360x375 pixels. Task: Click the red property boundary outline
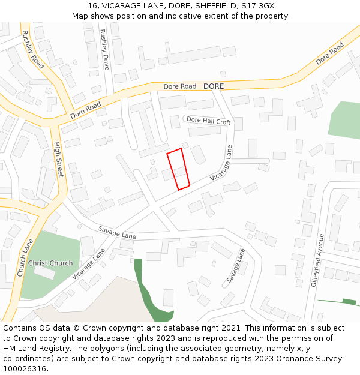[178, 169]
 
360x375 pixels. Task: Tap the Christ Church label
[50, 263]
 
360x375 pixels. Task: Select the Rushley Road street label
[33, 49]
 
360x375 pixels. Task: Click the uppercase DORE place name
[213, 86]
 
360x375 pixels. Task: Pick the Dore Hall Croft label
[208, 121]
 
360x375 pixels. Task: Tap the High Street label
[58, 159]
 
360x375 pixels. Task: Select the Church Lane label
[25, 257]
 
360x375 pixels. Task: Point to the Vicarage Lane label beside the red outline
[221, 163]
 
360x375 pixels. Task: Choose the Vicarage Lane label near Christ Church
[88, 264]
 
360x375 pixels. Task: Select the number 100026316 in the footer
[25, 368]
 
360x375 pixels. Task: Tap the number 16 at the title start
[92, 5]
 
